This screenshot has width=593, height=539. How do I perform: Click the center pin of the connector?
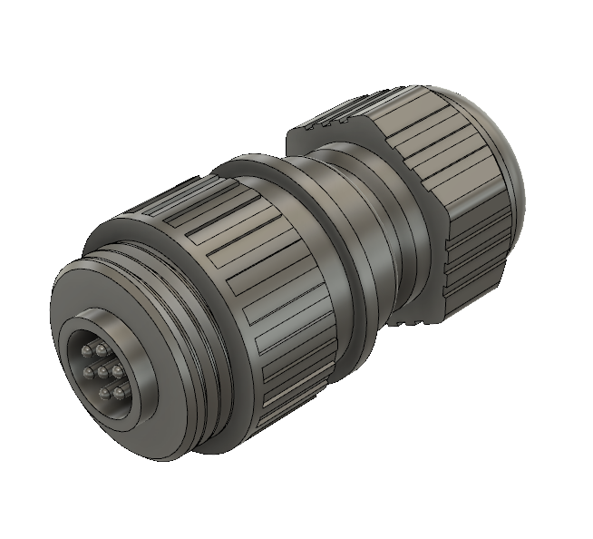(x=102, y=371)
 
